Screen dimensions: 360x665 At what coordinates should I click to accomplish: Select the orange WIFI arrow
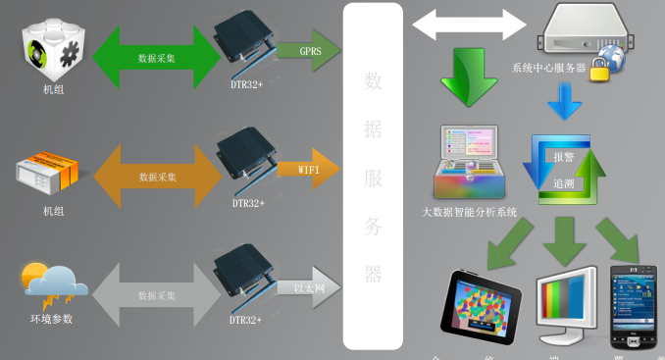tap(306, 169)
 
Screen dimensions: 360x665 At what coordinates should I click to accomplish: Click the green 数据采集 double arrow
tap(158, 56)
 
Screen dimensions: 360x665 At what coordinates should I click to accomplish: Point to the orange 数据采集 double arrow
tap(158, 178)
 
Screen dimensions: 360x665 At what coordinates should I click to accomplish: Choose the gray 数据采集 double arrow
tap(158, 294)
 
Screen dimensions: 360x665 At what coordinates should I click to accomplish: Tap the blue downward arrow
tap(564, 100)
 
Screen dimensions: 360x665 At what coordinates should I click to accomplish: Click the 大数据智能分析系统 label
tap(470, 212)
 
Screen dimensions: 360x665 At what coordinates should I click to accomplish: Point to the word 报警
tap(564, 158)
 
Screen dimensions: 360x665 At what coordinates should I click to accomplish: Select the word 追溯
tap(564, 182)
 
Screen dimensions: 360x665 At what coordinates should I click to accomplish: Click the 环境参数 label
tap(51, 320)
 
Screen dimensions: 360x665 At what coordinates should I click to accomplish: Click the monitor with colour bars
tap(566, 305)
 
